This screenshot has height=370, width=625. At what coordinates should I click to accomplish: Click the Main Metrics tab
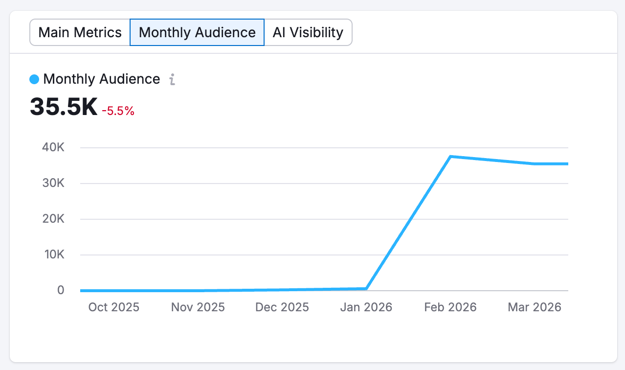(x=80, y=33)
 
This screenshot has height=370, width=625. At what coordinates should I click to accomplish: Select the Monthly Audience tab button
(x=197, y=33)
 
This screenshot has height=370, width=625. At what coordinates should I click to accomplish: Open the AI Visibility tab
(x=308, y=33)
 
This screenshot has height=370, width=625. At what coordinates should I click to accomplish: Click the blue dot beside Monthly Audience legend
(x=34, y=79)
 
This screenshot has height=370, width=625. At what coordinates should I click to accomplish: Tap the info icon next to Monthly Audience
(x=172, y=79)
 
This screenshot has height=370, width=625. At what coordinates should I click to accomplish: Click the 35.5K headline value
(x=64, y=107)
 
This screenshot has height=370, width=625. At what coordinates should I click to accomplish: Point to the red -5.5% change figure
(x=118, y=111)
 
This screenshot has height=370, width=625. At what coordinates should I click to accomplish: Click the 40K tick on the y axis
(x=54, y=147)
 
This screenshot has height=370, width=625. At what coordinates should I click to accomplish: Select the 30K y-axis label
(x=54, y=183)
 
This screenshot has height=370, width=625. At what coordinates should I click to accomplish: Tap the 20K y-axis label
(x=54, y=219)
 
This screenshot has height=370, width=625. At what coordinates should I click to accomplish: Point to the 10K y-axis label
(x=54, y=254)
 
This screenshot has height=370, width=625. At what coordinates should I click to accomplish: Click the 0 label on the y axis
(x=61, y=290)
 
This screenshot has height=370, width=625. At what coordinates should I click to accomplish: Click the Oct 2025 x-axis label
(x=114, y=307)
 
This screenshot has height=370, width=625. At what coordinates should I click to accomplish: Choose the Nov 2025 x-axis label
(x=198, y=307)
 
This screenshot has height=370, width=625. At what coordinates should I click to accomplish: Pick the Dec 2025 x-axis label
(x=282, y=307)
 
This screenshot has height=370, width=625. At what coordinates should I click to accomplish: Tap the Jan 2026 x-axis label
(x=366, y=307)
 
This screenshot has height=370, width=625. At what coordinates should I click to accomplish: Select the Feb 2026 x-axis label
(x=450, y=307)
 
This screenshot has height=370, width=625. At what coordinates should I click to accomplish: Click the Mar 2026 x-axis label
(x=534, y=307)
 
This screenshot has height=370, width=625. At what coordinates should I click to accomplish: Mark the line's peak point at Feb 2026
(x=450, y=157)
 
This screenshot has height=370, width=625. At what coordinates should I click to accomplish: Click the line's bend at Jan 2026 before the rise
(x=366, y=289)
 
